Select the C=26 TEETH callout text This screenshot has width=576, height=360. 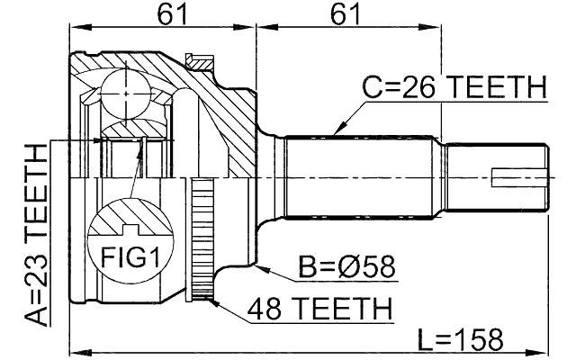[454, 88]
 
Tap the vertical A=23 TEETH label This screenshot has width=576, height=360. [36, 237]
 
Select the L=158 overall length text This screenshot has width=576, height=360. [461, 339]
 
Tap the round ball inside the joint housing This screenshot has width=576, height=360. [124, 91]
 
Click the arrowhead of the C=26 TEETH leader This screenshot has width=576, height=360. [335, 131]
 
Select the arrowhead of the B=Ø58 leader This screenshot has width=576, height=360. [256, 265]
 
